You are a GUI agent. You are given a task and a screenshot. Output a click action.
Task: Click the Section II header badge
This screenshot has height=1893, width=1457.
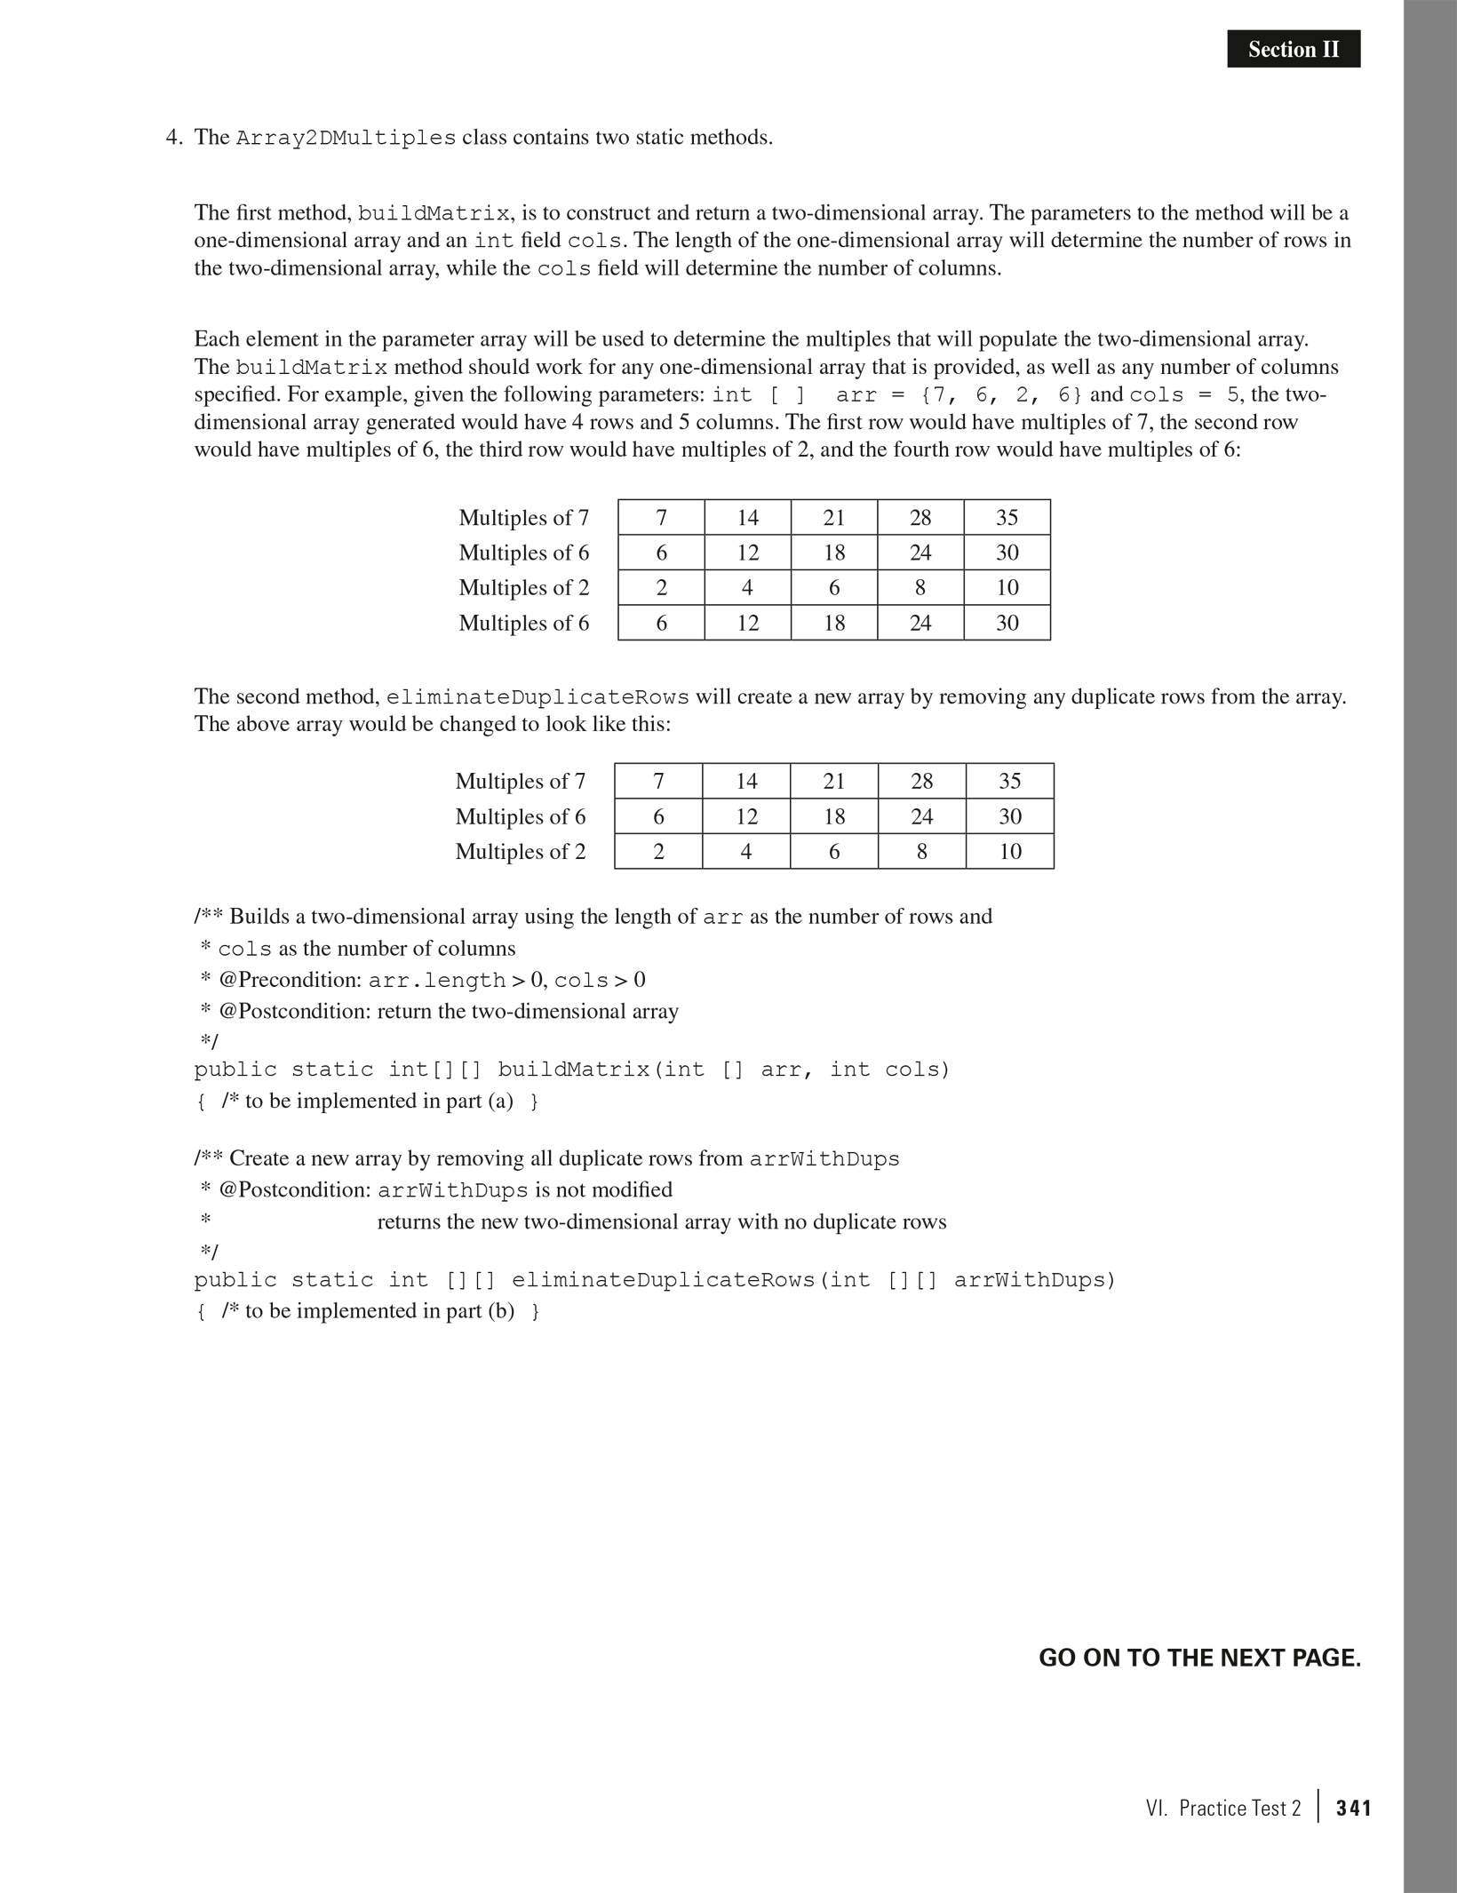point(1293,49)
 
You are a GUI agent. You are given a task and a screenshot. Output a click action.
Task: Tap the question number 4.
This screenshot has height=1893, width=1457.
point(173,138)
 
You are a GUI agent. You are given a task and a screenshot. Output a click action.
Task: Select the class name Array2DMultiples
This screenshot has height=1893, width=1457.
point(346,139)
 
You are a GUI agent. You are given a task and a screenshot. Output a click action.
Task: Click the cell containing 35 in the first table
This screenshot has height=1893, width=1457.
point(1007,517)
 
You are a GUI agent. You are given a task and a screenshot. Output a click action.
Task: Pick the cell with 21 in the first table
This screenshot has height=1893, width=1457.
point(833,517)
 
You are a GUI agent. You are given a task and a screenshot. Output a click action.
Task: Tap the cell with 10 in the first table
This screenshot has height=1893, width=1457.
point(1007,587)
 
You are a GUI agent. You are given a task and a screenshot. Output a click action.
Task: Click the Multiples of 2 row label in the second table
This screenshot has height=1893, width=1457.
point(521,852)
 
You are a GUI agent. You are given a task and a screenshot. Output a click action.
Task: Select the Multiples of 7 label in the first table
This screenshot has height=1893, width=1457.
point(523,517)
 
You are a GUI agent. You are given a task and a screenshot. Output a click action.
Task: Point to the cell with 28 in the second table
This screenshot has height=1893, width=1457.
point(921,781)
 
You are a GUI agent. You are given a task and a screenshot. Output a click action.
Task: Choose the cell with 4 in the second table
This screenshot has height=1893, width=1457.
point(746,852)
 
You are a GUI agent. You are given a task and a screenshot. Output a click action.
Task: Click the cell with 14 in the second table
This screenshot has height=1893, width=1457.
point(746,781)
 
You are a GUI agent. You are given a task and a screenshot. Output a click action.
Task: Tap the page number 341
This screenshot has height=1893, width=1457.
point(1354,1808)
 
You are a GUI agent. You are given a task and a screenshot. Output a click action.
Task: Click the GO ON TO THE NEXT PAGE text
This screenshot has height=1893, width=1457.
point(1199,1658)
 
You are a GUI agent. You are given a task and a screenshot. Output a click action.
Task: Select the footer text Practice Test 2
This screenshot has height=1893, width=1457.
point(1239,1808)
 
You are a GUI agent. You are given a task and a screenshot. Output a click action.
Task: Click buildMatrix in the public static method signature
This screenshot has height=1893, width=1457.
point(574,1070)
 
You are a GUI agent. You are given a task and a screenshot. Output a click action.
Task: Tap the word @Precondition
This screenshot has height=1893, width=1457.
point(289,980)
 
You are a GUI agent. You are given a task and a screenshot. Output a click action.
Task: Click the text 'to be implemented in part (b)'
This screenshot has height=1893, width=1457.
point(368,1311)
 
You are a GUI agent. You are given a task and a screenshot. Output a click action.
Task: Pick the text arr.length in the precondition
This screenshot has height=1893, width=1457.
point(437,981)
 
